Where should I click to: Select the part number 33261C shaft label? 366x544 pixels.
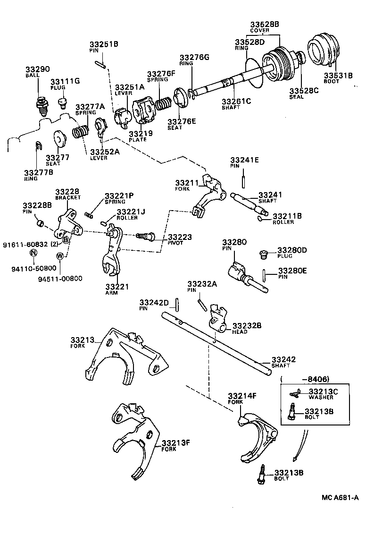(236, 101)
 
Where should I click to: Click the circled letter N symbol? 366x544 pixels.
(33, 253)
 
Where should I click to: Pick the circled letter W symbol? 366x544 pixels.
(60, 256)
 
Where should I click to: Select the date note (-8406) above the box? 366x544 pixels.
(305, 379)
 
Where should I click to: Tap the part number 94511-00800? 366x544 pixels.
(60, 278)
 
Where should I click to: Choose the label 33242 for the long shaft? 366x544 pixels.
(283, 360)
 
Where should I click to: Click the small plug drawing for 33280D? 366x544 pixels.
(264, 255)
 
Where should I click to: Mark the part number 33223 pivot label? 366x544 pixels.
(180, 237)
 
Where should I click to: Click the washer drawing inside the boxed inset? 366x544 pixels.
(295, 392)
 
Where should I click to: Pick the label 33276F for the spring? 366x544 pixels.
(161, 74)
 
